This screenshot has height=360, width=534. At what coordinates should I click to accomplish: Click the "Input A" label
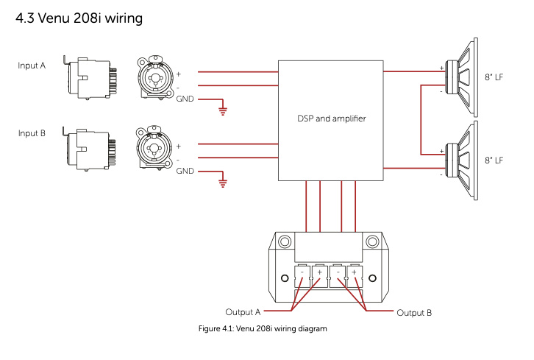[x=32, y=66]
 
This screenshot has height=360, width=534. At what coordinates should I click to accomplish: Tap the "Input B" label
[x=32, y=133]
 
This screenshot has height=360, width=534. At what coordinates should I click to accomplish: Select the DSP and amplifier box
[x=331, y=119]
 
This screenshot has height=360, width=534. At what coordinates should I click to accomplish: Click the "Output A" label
[x=243, y=312]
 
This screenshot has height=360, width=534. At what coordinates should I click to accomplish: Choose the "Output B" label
[x=414, y=312]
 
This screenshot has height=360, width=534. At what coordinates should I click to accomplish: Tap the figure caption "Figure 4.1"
[x=263, y=328]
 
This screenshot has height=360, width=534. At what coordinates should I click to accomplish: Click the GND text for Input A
[x=185, y=98]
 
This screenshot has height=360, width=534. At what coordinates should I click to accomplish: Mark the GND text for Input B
[x=185, y=170]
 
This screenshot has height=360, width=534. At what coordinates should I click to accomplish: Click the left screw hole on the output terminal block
[x=285, y=278]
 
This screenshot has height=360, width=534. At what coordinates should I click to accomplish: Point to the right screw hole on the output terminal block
[x=371, y=278]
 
